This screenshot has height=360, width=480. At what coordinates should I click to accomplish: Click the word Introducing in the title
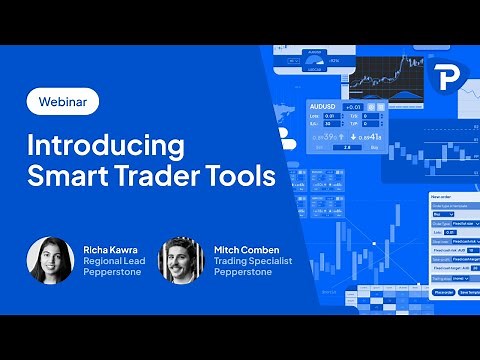[105, 146]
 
